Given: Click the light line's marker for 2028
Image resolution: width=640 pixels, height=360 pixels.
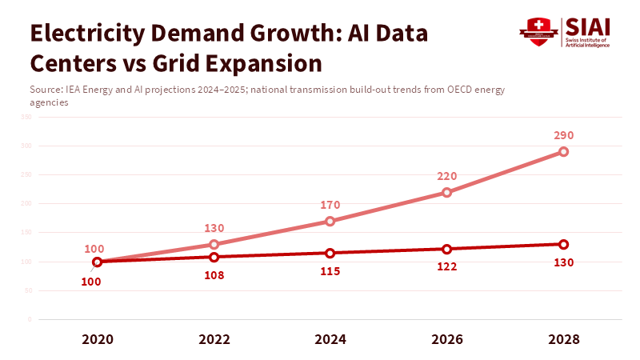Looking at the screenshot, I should click(x=563, y=151).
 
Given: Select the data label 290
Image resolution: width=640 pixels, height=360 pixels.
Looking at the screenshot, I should click(x=563, y=135).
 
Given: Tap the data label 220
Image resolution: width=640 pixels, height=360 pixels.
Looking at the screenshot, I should click(x=446, y=176).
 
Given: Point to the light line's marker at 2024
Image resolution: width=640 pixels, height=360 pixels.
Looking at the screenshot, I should click(x=330, y=221).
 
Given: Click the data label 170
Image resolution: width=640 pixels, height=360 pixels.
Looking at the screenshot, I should click(x=330, y=205).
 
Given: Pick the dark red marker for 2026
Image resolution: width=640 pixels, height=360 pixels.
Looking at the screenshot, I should click(x=446, y=249).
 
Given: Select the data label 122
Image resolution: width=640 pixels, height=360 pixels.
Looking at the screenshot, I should click(x=446, y=266).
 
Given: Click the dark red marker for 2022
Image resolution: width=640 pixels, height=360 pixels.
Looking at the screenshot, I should click(x=214, y=257).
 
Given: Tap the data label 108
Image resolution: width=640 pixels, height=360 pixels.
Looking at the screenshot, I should click(x=214, y=275).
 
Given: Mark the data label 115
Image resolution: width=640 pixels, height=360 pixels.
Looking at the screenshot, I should click(x=330, y=271).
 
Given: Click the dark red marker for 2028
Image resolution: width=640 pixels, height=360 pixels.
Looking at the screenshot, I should click(x=563, y=244).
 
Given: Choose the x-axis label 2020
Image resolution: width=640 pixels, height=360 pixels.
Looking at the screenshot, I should click(x=97, y=339).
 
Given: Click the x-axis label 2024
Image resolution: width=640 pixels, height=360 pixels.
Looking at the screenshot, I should click(x=330, y=339).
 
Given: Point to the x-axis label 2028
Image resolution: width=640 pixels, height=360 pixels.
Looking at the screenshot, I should click(x=563, y=339).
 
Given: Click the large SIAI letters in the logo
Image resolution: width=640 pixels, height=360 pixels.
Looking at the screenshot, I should click(x=588, y=27).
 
